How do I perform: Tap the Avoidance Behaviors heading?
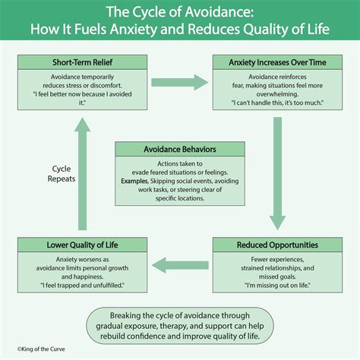click(x=179, y=150)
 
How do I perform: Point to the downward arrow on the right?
click(x=277, y=175)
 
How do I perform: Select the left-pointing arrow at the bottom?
click(x=179, y=264)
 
